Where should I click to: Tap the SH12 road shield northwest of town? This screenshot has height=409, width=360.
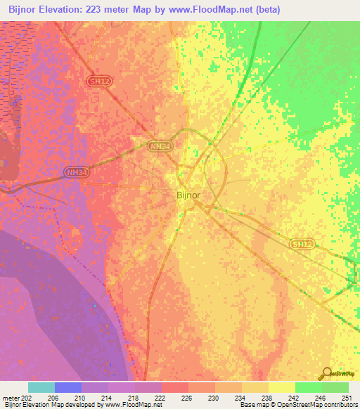[x=100, y=82]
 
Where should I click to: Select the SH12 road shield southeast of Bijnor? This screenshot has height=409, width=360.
[x=301, y=243]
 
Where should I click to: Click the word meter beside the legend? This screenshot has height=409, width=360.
[x=11, y=397]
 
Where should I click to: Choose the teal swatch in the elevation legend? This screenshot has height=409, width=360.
[x=41, y=387]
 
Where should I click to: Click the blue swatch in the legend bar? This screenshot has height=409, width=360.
[x=68, y=387]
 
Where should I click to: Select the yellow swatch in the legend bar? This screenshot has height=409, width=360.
[x=282, y=387]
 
